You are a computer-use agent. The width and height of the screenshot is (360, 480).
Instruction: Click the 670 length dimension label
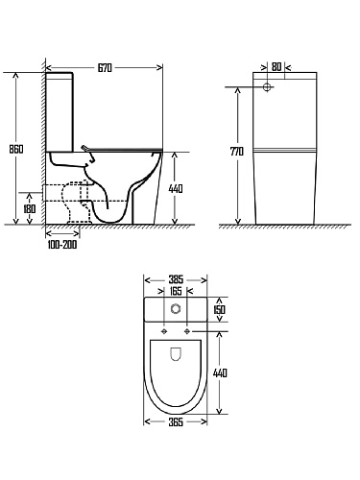point(105,68)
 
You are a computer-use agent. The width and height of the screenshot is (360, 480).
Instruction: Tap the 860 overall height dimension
point(15,149)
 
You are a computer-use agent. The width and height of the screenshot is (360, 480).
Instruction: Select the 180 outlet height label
point(30,209)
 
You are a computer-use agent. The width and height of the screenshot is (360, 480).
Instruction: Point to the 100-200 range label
point(62,245)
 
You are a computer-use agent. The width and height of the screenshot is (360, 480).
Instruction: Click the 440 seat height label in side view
point(176,189)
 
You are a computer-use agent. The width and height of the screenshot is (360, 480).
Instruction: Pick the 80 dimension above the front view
point(276,67)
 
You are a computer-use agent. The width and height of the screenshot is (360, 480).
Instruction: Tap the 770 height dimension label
point(237,152)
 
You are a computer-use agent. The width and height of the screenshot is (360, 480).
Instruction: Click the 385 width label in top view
point(176,280)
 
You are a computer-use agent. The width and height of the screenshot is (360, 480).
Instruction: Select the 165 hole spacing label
point(176,291)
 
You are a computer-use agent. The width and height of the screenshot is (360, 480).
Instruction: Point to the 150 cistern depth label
point(220,309)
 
